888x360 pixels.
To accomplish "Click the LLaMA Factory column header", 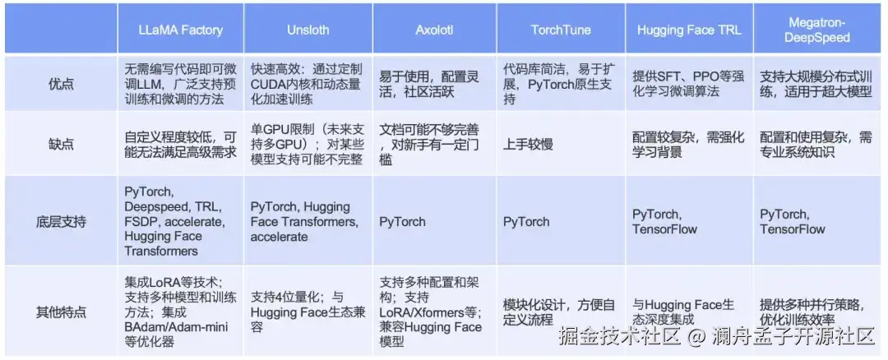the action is click(x=181, y=30).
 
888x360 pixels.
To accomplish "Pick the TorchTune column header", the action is click(x=560, y=30).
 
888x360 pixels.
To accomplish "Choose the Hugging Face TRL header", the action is click(x=689, y=30).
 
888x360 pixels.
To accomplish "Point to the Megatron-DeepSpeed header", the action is click(x=820, y=30).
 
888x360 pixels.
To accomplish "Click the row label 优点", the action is click(x=61, y=84).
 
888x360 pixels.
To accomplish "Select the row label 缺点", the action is click(x=61, y=145).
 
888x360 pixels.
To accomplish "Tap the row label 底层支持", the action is click(x=61, y=221).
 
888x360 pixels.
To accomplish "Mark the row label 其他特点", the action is click(x=61, y=312).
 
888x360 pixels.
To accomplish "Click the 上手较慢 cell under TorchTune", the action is click(x=529, y=145).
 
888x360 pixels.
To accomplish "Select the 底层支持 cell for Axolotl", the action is click(x=402, y=221).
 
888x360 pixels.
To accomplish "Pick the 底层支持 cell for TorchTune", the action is click(x=526, y=221).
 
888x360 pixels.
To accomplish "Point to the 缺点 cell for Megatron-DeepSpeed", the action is click(x=816, y=145).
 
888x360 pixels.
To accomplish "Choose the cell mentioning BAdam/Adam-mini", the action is click(x=181, y=312).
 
